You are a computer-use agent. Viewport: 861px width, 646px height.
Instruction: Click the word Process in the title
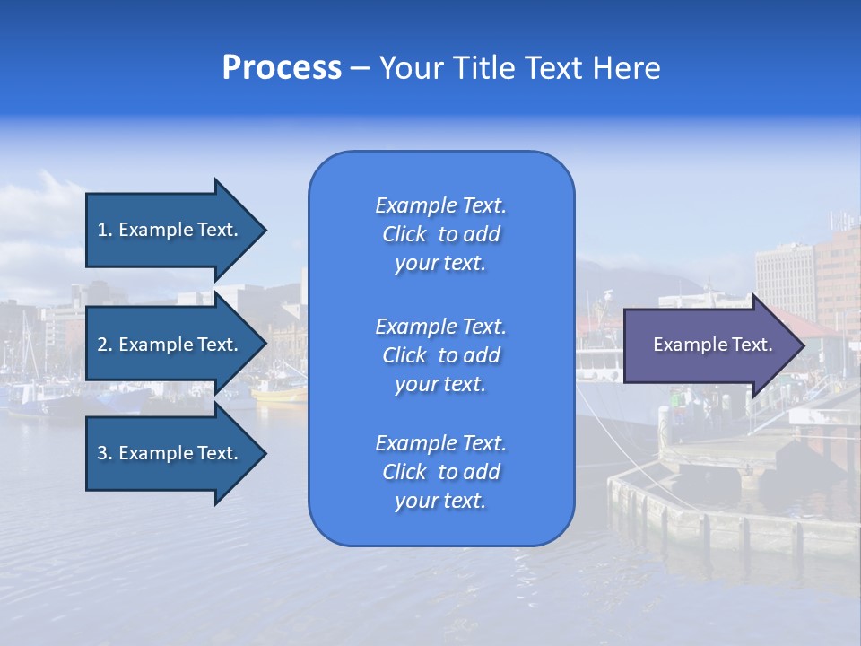coord(282,68)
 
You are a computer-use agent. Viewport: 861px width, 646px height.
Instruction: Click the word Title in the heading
coord(482,68)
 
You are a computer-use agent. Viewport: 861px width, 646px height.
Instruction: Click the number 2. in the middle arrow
coord(105,345)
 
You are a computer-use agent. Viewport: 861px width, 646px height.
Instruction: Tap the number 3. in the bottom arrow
coord(105,453)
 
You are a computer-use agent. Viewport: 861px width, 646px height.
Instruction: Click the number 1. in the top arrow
coord(105,230)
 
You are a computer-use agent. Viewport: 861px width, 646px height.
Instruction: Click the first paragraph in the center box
coord(440,234)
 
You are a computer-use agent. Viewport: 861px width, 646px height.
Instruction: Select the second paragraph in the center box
coord(440,355)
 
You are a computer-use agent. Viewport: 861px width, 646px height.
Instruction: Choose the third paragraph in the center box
coord(440,472)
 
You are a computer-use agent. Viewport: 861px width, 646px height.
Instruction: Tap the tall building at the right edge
coord(838,269)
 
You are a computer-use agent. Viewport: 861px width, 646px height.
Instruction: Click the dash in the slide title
coord(360,68)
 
